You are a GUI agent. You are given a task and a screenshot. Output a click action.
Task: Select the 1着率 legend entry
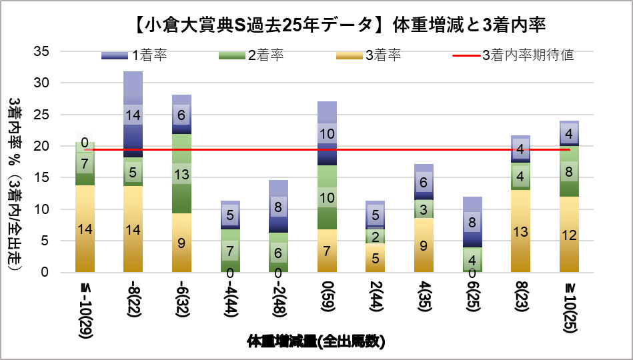(x=134, y=55)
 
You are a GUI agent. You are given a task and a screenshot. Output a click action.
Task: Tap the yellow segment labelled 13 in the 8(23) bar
(x=520, y=231)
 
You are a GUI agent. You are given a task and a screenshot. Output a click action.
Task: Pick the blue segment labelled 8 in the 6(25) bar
(x=472, y=223)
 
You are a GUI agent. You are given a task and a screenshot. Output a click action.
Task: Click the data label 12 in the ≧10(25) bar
(x=568, y=235)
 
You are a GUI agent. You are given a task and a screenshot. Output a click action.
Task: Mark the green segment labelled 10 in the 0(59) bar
(x=327, y=197)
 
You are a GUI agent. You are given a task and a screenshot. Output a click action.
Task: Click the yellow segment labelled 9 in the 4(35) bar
(x=424, y=245)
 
